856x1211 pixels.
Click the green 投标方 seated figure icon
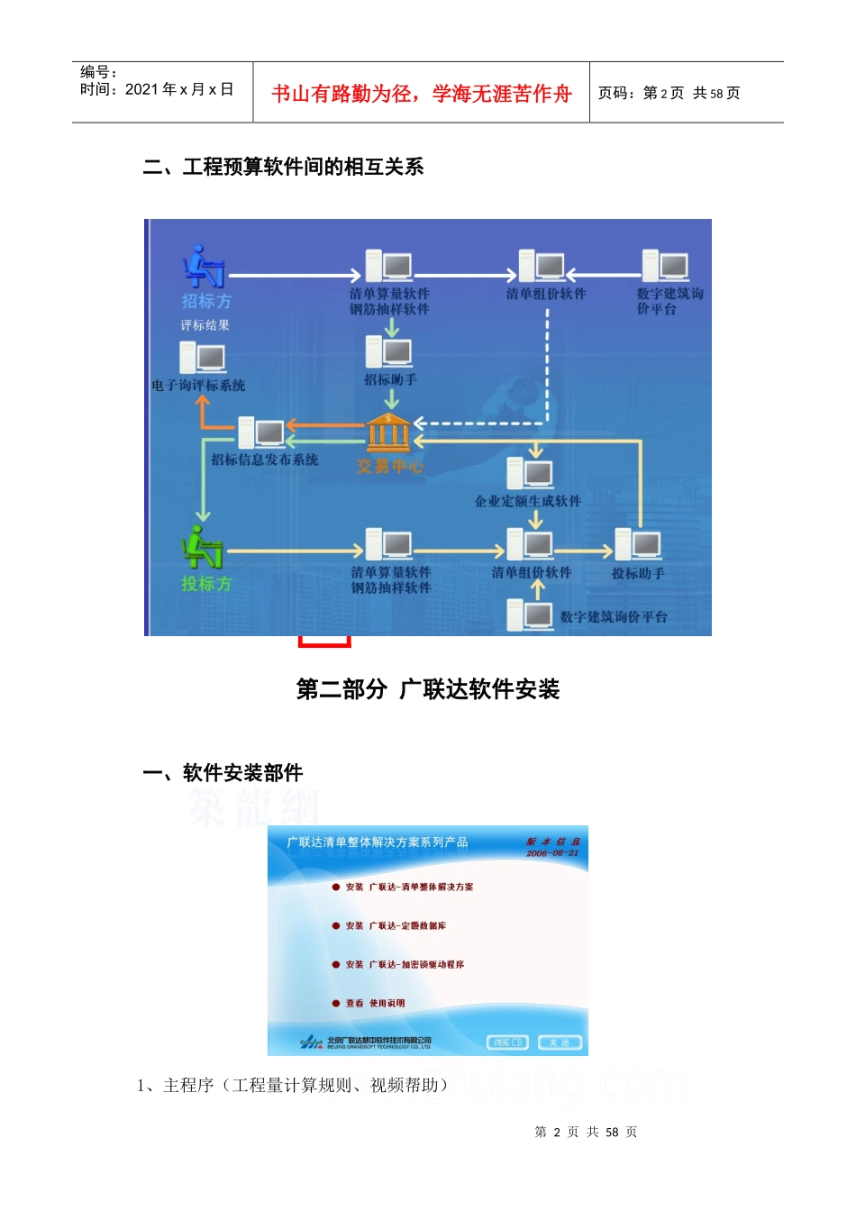(202, 547)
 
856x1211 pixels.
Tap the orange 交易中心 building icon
(388, 433)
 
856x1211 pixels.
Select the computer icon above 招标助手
(389, 351)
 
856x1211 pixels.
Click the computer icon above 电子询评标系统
(202, 358)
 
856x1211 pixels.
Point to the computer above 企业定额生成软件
(530, 473)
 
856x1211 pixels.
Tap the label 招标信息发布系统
(265, 460)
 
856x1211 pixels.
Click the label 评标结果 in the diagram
(205, 325)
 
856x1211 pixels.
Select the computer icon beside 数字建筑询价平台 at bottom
(530, 615)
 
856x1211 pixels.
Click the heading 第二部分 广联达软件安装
(428, 689)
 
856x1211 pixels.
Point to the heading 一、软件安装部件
(223, 772)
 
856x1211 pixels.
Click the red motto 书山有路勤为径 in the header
(422, 94)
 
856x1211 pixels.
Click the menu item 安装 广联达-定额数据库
(396, 925)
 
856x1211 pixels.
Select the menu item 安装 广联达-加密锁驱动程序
(405, 964)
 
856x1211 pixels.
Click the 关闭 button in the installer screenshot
(560, 1043)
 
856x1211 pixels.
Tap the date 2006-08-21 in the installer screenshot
(552, 852)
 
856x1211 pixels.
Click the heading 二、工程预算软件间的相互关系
(283, 167)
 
